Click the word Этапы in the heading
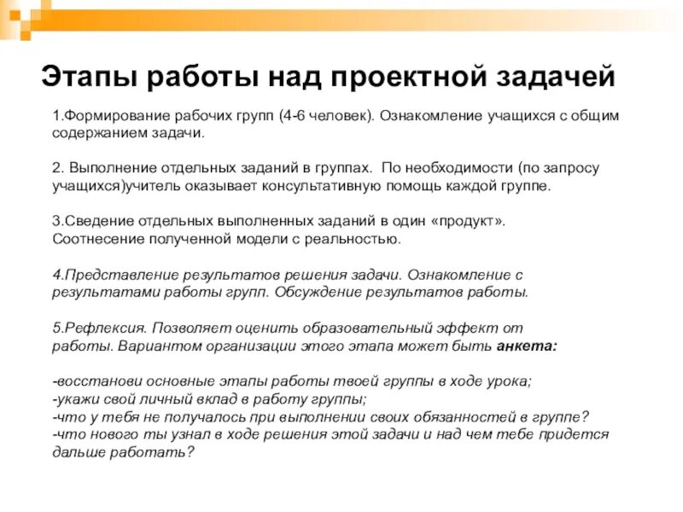[88, 78]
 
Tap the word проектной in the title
[404, 78]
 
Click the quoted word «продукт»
[469, 220]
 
